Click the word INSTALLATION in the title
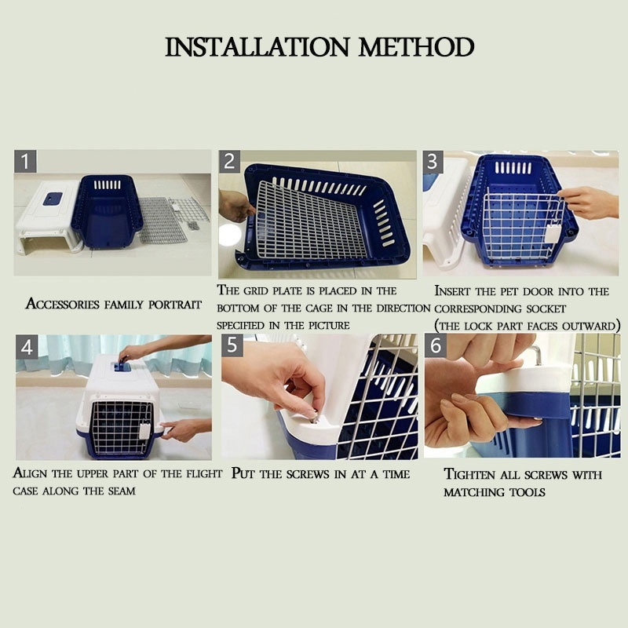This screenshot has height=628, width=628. [x=257, y=47]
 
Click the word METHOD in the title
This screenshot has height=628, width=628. [x=417, y=47]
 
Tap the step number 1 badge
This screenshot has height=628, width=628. [x=25, y=162]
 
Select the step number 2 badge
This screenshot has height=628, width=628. [x=229, y=162]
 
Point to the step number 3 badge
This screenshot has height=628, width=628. [x=433, y=162]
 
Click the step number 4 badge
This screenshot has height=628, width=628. [x=27, y=347]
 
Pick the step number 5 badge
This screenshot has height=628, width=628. [x=232, y=345]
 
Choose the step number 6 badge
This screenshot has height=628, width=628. [x=436, y=345]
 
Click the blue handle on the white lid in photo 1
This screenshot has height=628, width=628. [x=53, y=199]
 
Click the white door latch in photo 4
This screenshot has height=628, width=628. [x=144, y=431]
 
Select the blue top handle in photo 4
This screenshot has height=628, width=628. [x=120, y=366]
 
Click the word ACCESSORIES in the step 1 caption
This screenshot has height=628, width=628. [x=63, y=304]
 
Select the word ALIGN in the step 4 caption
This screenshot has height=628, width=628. [x=31, y=473]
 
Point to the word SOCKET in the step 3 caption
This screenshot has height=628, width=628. [x=546, y=309]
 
